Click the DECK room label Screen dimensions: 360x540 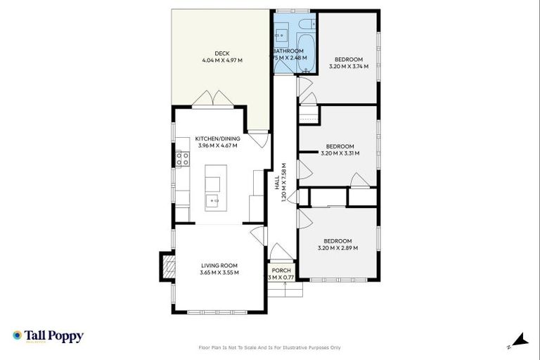(x=222, y=53)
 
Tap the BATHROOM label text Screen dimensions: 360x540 (x=288, y=51)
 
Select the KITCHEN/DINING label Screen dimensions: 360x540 (x=219, y=139)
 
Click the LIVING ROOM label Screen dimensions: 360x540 (x=219, y=265)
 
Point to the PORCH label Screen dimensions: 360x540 (x=281, y=270)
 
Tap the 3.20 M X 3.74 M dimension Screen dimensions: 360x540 (x=349, y=67)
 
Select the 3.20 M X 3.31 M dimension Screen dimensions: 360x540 (x=340, y=153)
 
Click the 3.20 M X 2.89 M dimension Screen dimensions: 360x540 (x=338, y=247)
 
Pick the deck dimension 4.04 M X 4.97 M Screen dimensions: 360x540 (x=222, y=60)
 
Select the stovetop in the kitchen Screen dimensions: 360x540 (x=183, y=158)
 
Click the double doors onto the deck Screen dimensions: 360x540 (x=214, y=99)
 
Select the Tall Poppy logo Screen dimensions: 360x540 (x=48, y=336)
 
